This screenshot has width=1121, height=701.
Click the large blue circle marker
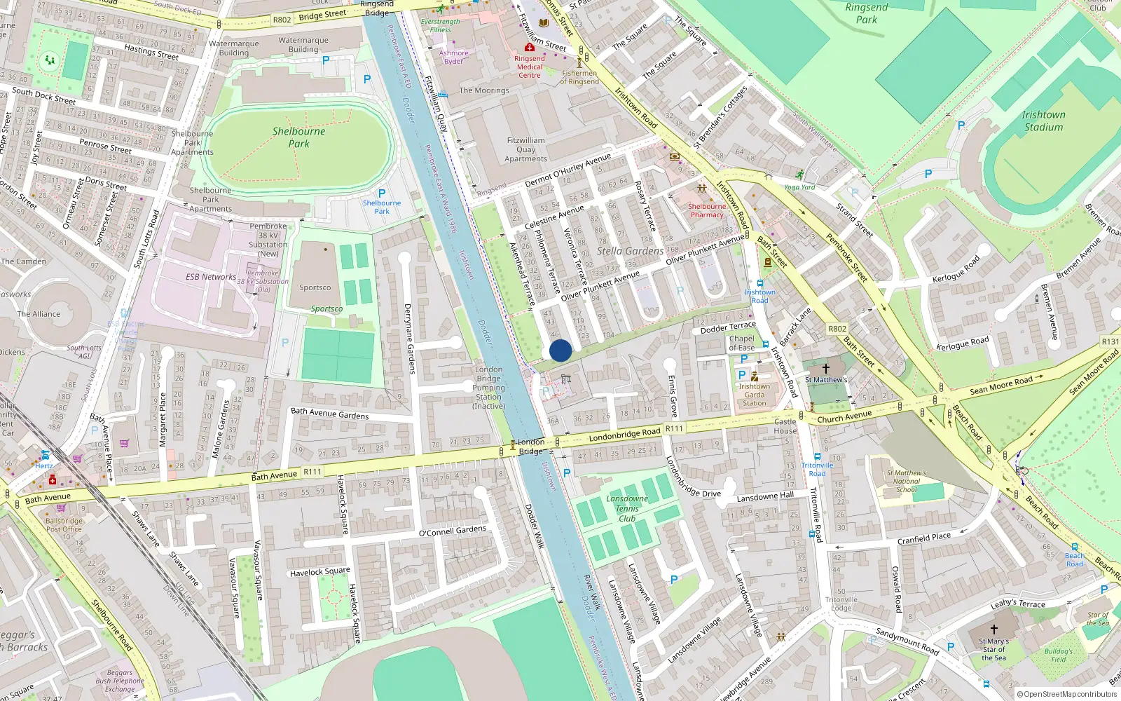coord(560,350)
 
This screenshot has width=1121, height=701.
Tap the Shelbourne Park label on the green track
coord(298,137)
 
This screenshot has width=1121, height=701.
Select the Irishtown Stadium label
coord(1043,121)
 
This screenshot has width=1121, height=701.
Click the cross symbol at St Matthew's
coord(826,368)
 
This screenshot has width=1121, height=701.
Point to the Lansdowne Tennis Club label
coord(627,509)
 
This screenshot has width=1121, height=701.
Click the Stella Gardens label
coord(630,251)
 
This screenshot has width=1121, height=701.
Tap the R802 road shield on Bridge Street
coord(282,20)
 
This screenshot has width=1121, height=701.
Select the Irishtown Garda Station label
coord(754,395)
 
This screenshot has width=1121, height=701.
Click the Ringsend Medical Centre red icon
coord(530,47)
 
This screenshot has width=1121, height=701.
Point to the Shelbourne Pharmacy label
coord(707,210)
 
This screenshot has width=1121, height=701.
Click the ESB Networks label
coord(211,277)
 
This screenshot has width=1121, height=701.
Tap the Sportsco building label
coord(315,287)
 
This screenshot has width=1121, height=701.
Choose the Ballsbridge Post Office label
coord(64,525)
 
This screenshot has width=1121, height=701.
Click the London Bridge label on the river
coord(531,446)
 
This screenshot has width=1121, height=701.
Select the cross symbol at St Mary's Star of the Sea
coord(993,629)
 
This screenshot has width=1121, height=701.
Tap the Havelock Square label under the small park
coord(319,572)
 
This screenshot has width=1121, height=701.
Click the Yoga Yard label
coord(799,187)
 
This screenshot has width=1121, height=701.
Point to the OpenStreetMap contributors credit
coord(1066,694)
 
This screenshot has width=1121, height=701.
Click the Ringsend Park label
coord(867,13)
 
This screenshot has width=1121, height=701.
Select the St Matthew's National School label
coord(906,481)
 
